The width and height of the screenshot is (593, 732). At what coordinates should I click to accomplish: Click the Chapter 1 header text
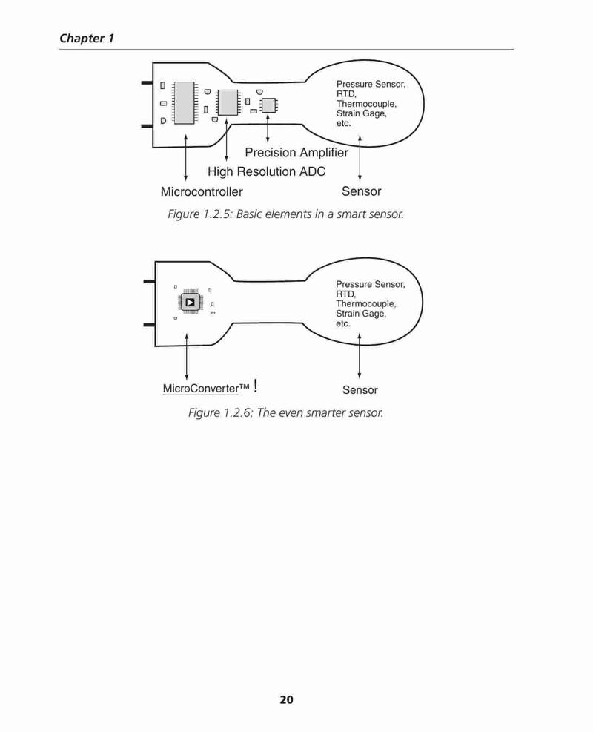pyautogui.click(x=87, y=39)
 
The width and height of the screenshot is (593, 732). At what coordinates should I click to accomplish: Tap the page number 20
pyautogui.click(x=286, y=699)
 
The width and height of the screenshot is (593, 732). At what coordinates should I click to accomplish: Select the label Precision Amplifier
pyautogui.click(x=296, y=153)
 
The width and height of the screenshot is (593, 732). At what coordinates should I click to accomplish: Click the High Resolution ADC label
pyautogui.click(x=266, y=172)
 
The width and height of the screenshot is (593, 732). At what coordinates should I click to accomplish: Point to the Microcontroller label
pyautogui.click(x=202, y=191)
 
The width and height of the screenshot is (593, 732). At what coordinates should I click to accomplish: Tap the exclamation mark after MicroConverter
pyautogui.click(x=255, y=386)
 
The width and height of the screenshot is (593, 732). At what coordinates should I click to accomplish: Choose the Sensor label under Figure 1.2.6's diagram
pyautogui.click(x=360, y=390)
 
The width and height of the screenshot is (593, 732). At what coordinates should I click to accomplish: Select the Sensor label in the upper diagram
pyautogui.click(x=361, y=191)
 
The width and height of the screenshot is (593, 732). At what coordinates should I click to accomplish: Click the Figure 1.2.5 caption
pyautogui.click(x=285, y=214)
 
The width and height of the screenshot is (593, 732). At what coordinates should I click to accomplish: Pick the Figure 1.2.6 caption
pyautogui.click(x=285, y=412)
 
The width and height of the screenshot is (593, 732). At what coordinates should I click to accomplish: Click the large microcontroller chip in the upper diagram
pyautogui.click(x=185, y=102)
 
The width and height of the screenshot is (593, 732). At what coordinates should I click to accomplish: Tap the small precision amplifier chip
pyautogui.click(x=268, y=105)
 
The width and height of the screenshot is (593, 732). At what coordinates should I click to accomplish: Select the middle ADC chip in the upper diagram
pyautogui.click(x=228, y=102)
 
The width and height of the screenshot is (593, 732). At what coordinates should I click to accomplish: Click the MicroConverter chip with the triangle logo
pyautogui.click(x=190, y=302)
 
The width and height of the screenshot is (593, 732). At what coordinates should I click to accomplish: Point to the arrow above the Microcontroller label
pyautogui.click(x=186, y=158)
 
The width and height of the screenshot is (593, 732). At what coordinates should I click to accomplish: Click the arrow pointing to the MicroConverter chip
pyautogui.click(x=187, y=357)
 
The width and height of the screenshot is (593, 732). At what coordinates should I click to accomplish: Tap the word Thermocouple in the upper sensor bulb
pyautogui.click(x=366, y=104)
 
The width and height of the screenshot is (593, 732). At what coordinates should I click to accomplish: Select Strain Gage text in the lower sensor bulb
pyautogui.click(x=361, y=314)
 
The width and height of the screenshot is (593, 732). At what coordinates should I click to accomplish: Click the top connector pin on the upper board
pyautogui.click(x=148, y=83)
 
